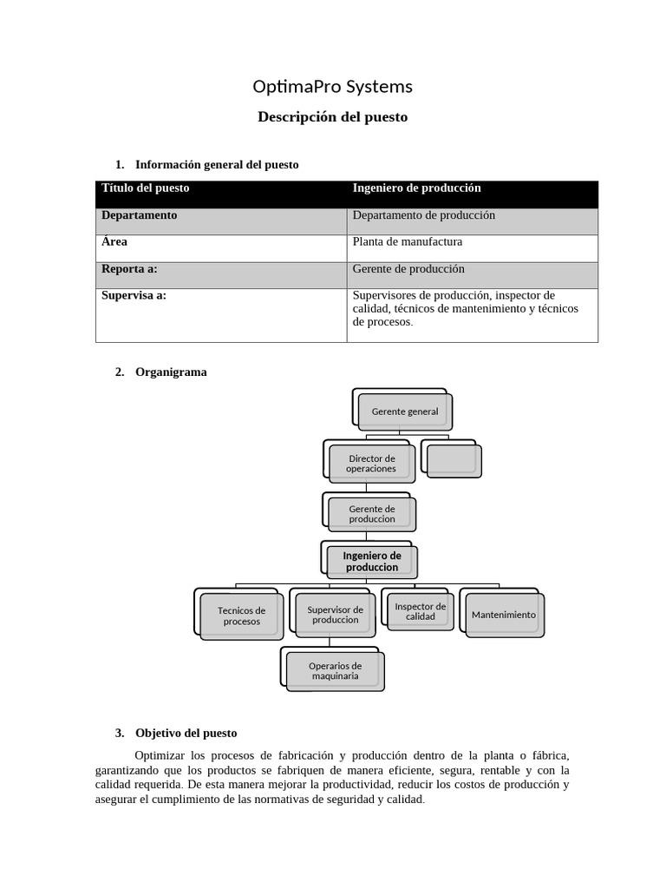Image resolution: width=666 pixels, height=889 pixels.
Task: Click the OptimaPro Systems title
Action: tap(332, 87)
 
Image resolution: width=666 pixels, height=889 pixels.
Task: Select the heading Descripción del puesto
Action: tap(332, 116)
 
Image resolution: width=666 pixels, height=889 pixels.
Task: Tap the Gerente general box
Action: tap(404, 412)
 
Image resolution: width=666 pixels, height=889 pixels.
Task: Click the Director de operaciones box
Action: tap(371, 464)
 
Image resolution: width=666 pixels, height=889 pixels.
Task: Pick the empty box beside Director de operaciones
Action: tap(453, 460)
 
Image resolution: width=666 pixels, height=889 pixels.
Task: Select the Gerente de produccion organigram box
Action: tap(371, 514)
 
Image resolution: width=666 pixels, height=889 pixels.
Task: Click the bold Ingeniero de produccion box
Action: tap(371, 562)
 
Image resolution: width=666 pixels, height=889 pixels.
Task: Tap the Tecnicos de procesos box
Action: tap(241, 616)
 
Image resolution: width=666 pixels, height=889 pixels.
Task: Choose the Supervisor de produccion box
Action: tap(335, 615)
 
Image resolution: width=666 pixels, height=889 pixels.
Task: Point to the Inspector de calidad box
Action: tap(420, 611)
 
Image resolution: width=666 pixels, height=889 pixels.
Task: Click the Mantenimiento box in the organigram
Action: tap(503, 615)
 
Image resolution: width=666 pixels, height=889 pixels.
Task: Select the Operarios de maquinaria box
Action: tap(334, 671)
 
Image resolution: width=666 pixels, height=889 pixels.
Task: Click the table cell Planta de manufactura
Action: tap(408, 242)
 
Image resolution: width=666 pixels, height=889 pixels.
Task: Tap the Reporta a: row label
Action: tap(129, 269)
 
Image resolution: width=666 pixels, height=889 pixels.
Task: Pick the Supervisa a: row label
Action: tap(134, 295)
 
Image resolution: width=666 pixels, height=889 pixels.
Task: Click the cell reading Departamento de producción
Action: tap(423, 215)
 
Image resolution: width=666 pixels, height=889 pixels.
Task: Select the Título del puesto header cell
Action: tap(145, 188)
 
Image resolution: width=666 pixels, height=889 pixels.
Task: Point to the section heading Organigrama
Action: tap(171, 372)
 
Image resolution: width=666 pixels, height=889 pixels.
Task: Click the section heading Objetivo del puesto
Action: tap(186, 733)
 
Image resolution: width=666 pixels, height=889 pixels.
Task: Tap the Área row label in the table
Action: tap(114, 242)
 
